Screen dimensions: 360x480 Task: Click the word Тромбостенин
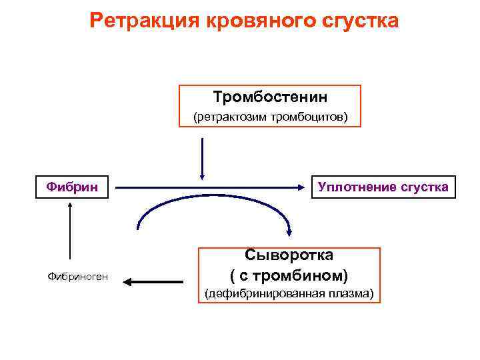pyautogui.click(x=270, y=97)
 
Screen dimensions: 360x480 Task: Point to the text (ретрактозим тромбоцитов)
pyautogui.click(x=270, y=117)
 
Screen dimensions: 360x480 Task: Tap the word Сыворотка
pyautogui.click(x=289, y=255)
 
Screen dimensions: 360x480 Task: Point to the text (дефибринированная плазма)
pyautogui.click(x=289, y=293)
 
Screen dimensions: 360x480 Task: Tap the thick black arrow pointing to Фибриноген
pyautogui.click(x=154, y=281)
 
